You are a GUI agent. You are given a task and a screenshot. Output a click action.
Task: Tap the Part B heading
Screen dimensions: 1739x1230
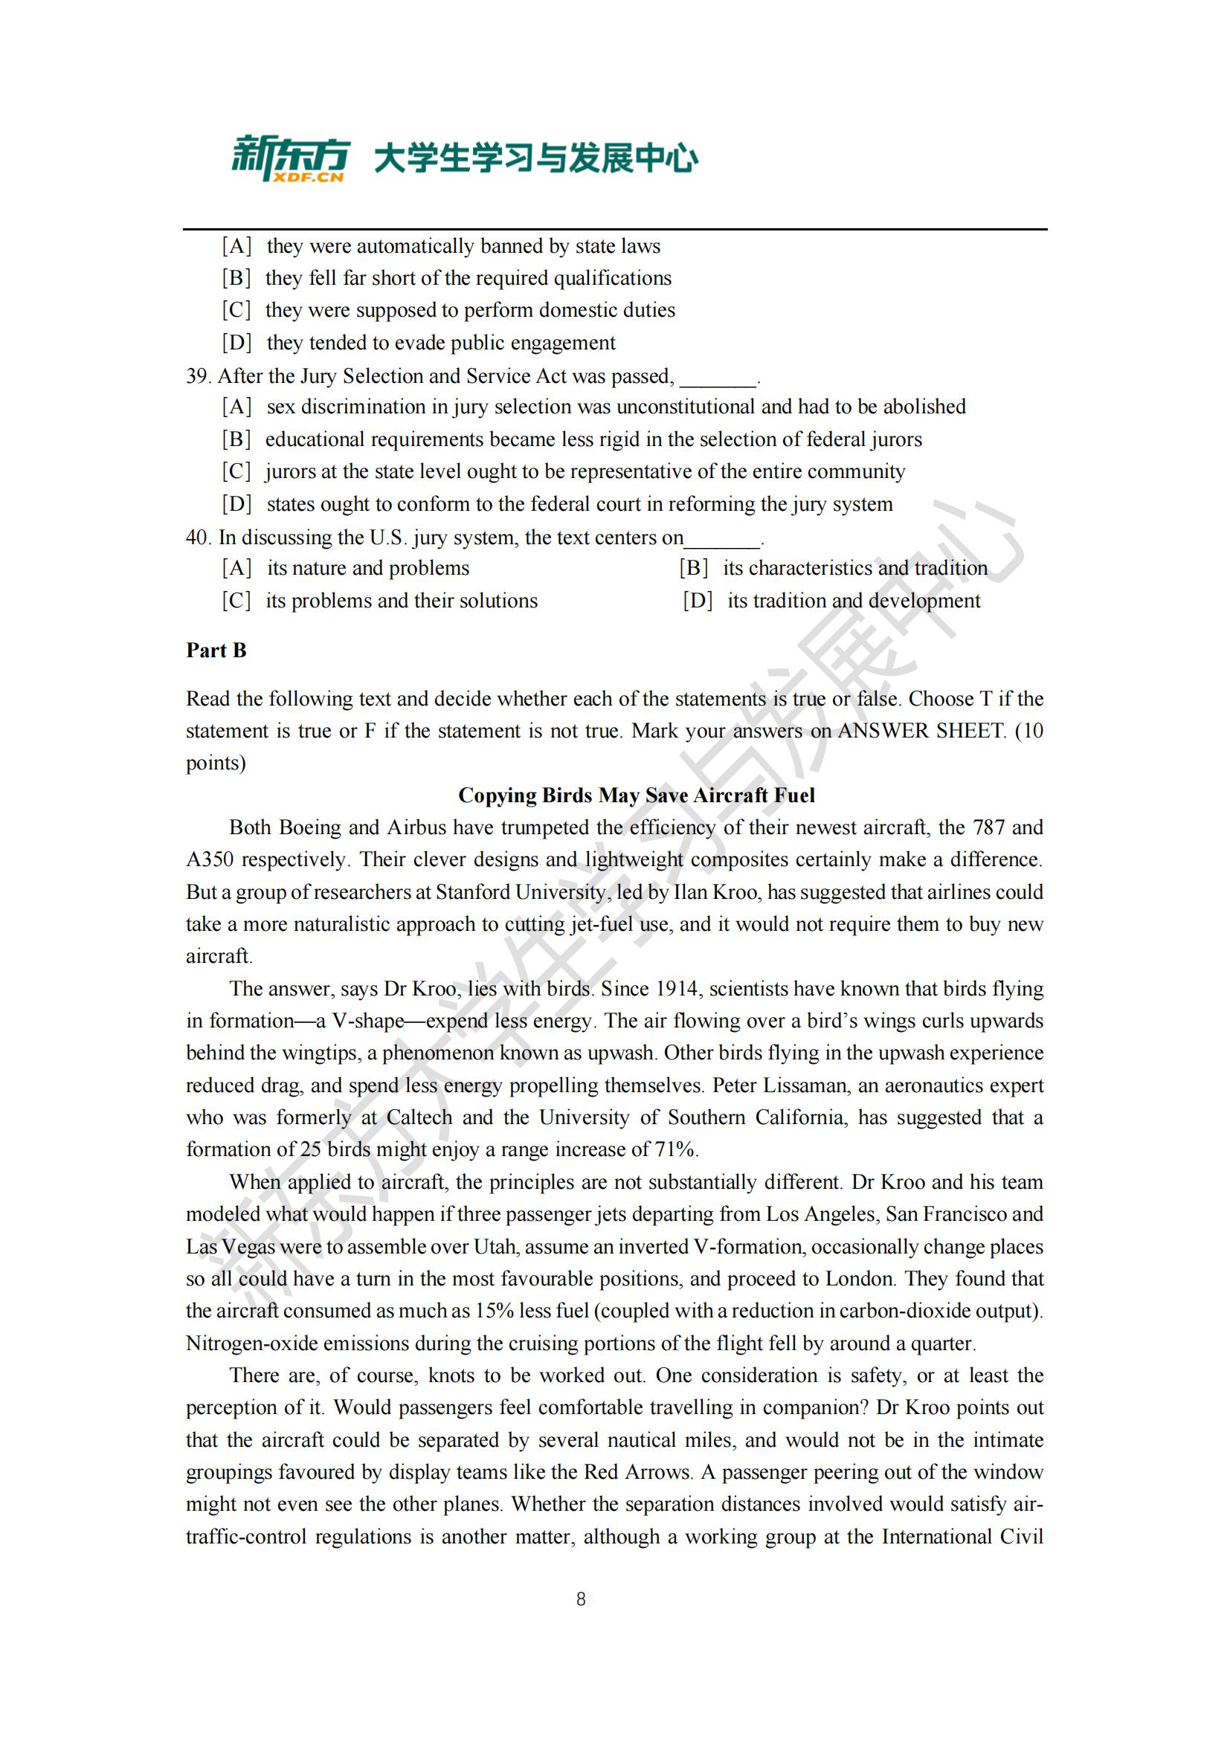click(x=216, y=651)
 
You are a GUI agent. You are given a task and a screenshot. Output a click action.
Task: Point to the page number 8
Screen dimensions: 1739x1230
click(x=581, y=1599)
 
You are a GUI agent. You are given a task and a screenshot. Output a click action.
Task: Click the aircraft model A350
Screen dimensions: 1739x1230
click(x=210, y=859)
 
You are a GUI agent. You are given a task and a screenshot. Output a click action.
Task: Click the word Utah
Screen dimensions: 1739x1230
click(x=495, y=1247)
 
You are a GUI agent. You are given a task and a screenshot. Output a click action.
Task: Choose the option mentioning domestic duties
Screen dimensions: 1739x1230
click(x=469, y=311)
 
